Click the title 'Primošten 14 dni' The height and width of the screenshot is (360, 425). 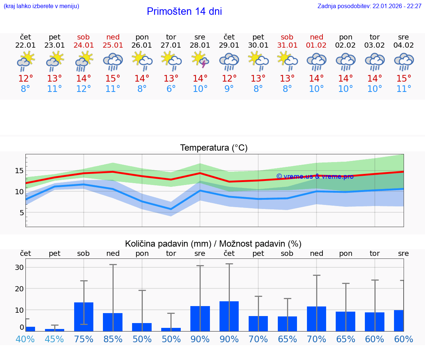[x=184, y=11]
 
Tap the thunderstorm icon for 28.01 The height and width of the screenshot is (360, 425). [x=200, y=61]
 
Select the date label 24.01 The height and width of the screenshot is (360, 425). [x=84, y=45]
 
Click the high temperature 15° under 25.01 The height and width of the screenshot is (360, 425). [x=113, y=79]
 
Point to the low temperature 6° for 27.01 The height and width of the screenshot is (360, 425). [x=171, y=89]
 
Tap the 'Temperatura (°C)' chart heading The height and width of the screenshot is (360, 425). [x=214, y=148]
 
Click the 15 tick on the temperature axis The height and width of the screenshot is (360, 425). [x=19, y=171]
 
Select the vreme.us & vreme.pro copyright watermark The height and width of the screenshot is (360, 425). [x=315, y=176]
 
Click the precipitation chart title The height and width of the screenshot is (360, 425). [x=213, y=244]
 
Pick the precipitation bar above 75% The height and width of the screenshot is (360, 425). [x=84, y=316]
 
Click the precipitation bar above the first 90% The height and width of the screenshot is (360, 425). [x=200, y=318]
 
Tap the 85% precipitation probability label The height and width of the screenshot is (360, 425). [x=113, y=339]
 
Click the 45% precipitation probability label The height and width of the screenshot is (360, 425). [x=55, y=339]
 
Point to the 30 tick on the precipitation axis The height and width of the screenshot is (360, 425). [x=19, y=267]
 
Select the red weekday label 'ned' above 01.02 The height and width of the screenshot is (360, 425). [x=316, y=37]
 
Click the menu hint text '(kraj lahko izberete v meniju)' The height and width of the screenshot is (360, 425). [x=41, y=6]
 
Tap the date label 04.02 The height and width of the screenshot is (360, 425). [x=404, y=45]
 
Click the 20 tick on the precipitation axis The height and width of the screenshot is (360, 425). [x=19, y=288]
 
